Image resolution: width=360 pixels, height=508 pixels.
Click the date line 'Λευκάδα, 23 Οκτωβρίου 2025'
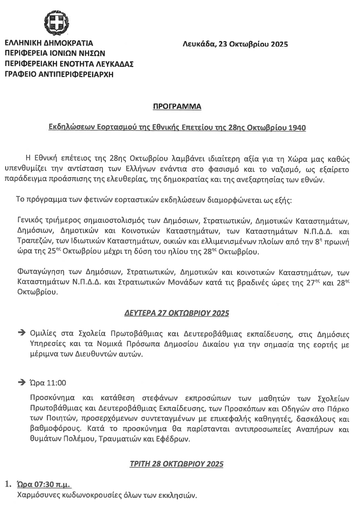click(235, 44)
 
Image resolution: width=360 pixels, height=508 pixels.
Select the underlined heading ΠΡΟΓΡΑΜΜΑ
click(177, 107)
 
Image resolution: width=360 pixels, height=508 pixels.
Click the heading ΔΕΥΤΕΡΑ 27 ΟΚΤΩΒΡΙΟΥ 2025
click(177, 313)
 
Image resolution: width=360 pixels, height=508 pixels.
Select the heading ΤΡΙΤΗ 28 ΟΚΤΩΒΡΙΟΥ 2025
click(177, 464)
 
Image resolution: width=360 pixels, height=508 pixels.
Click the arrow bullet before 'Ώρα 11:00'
click(22, 382)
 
